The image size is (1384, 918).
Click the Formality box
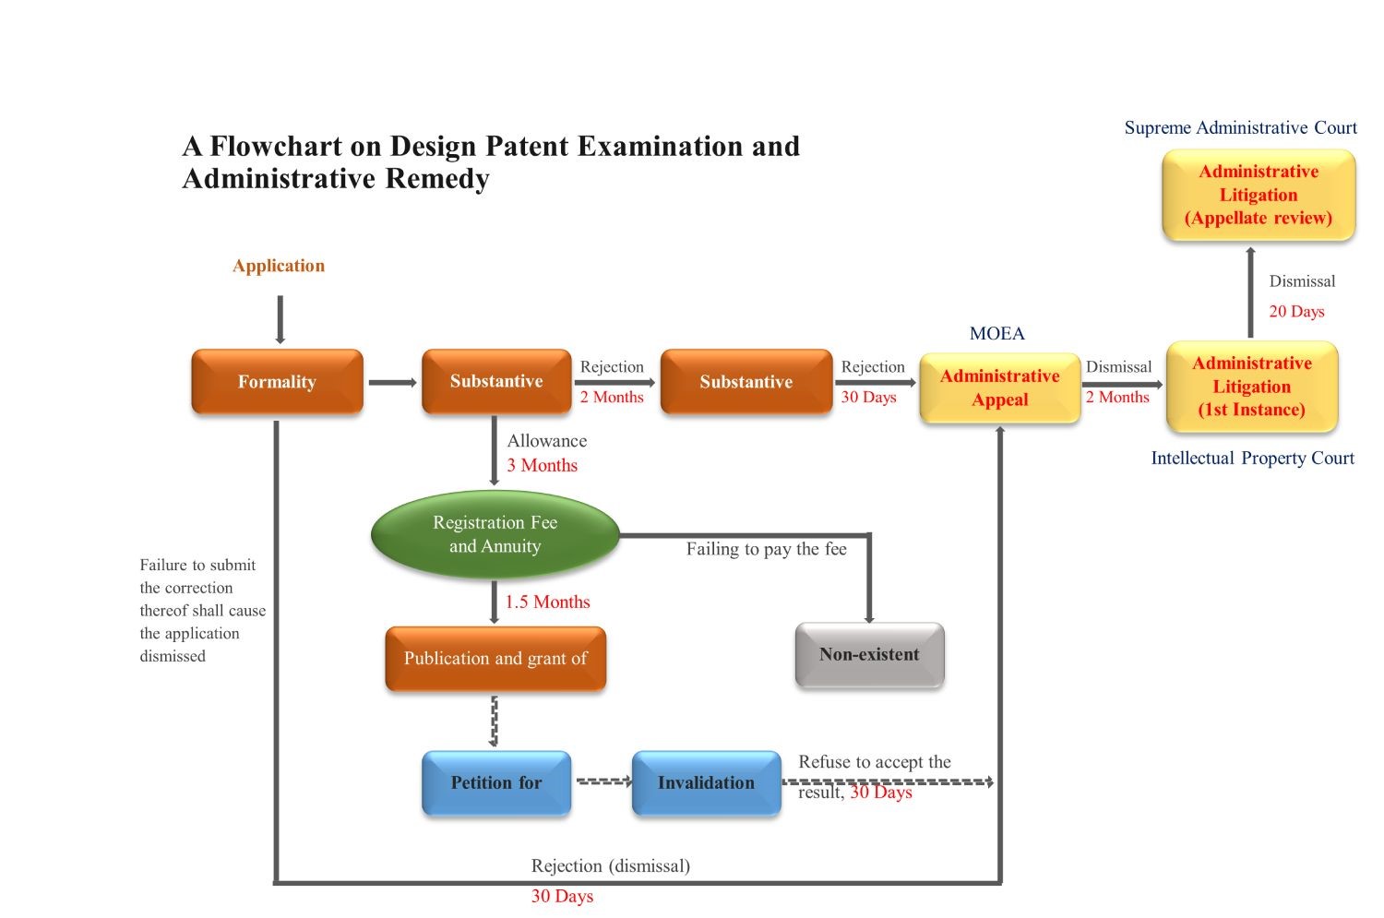pos(277,382)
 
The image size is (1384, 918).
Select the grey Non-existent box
pos(869,655)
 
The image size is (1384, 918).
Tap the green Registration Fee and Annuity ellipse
pos(495,535)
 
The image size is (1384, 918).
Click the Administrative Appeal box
pos(1000,388)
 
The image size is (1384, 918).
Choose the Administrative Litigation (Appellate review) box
pos(1259,196)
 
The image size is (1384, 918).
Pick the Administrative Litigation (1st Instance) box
pos(1252,387)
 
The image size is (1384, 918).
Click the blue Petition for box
pos(496,783)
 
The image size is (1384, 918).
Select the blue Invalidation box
pos(706,783)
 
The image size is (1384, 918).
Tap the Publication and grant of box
pos(495,659)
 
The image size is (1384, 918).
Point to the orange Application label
pos(279,267)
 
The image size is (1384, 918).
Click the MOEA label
pos(996,334)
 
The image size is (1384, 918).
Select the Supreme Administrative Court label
pos(1240,128)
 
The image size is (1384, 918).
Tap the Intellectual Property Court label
pos(1252,459)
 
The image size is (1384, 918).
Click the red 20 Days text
pos(1296,312)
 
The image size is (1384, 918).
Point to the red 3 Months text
pos(542,466)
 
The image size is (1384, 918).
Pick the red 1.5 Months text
pos(547,602)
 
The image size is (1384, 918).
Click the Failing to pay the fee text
pos(766,550)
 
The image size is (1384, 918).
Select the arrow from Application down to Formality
pos(280,319)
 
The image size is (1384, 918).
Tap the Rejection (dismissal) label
pos(610,866)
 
